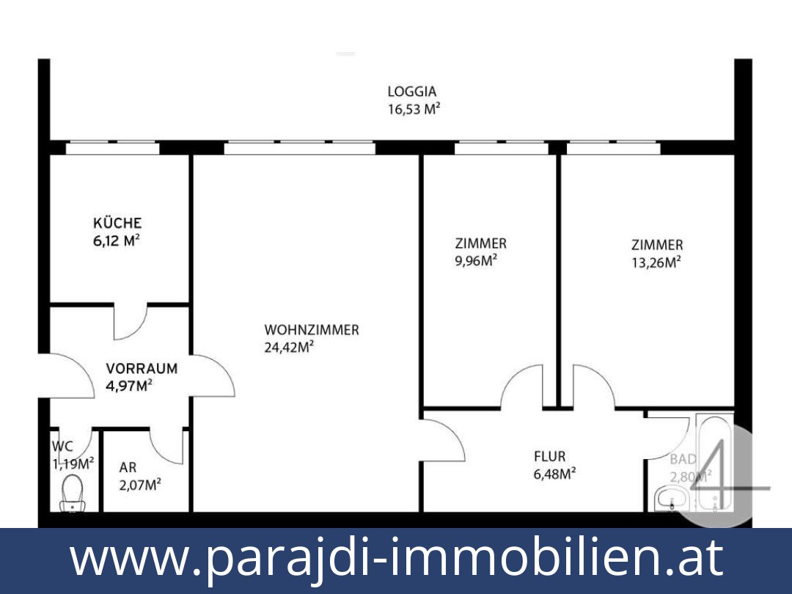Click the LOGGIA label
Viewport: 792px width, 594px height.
pyautogui.click(x=411, y=92)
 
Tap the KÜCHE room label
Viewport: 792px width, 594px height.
pyautogui.click(x=117, y=223)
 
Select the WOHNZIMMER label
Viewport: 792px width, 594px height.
pyautogui.click(x=312, y=330)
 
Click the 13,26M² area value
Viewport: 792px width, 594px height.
pyautogui.click(x=656, y=263)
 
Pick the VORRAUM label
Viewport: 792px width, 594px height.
pyautogui.click(x=142, y=369)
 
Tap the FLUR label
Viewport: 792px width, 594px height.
pyautogui.click(x=549, y=457)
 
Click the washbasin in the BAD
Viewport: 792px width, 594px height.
pyautogui.click(x=670, y=500)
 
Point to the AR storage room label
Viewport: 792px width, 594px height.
pyautogui.click(x=128, y=467)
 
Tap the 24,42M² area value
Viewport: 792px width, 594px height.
pyautogui.click(x=289, y=348)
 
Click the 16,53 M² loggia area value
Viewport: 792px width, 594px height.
pyautogui.click(x=414, y=110)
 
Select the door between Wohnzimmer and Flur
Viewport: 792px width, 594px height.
pyautogui.click(x=442, y=439)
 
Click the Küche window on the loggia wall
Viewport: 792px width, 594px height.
pyautogui.click(x=112, y=148)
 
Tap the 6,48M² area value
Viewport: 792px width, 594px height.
pyautogui.click(x=554, y=474)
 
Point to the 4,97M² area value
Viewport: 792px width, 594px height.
pyautogui.click(x=129, y=386)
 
